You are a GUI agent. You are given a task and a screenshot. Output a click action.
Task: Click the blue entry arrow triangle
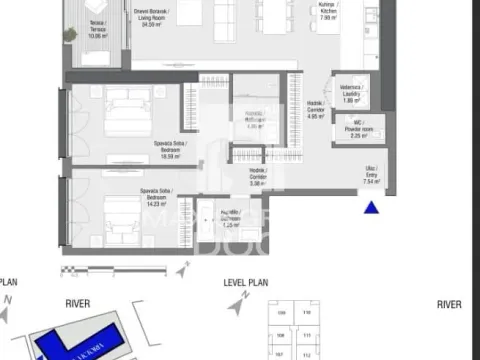coord(372,208)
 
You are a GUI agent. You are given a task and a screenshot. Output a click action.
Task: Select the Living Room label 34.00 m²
coord(152,17)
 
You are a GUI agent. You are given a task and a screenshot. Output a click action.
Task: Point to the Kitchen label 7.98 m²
coord(327,13)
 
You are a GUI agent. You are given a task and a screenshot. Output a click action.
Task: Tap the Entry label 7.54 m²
coord(371,177)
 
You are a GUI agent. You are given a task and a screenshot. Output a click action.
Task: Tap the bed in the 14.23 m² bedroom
coord(121,217)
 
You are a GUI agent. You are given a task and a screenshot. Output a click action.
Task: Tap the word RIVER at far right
coord(448,304)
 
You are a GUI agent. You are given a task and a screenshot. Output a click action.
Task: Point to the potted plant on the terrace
coord(70,34)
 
